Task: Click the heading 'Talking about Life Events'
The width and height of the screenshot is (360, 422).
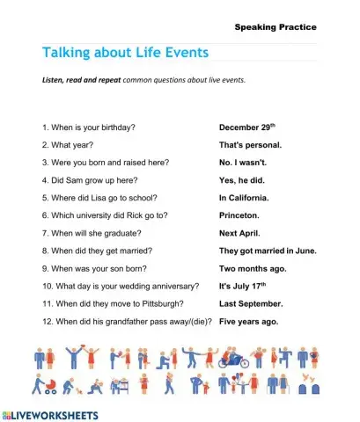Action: [125, 52]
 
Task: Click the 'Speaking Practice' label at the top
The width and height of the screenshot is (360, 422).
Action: [275, 27]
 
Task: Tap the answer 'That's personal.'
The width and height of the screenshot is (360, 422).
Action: [250, 145]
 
